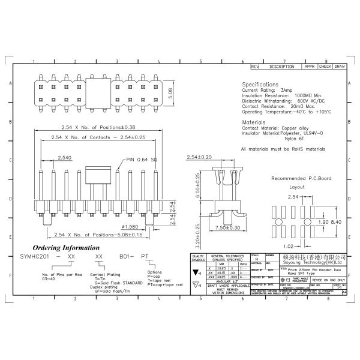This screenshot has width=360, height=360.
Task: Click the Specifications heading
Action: click(260, 85)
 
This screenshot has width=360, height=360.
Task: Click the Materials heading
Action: click(253, 122)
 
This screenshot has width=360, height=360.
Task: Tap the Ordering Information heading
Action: click(66, 247)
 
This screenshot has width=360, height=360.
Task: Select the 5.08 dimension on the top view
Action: click(171, 91)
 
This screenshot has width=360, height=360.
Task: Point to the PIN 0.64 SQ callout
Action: click(142, 160)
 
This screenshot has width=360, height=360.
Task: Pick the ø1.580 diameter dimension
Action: click(145, 226)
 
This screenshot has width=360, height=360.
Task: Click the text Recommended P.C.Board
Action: click(299, 179)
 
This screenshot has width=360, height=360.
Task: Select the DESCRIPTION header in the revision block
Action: click(282, 67)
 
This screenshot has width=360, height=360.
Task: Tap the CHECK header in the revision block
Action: click(325, 67)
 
